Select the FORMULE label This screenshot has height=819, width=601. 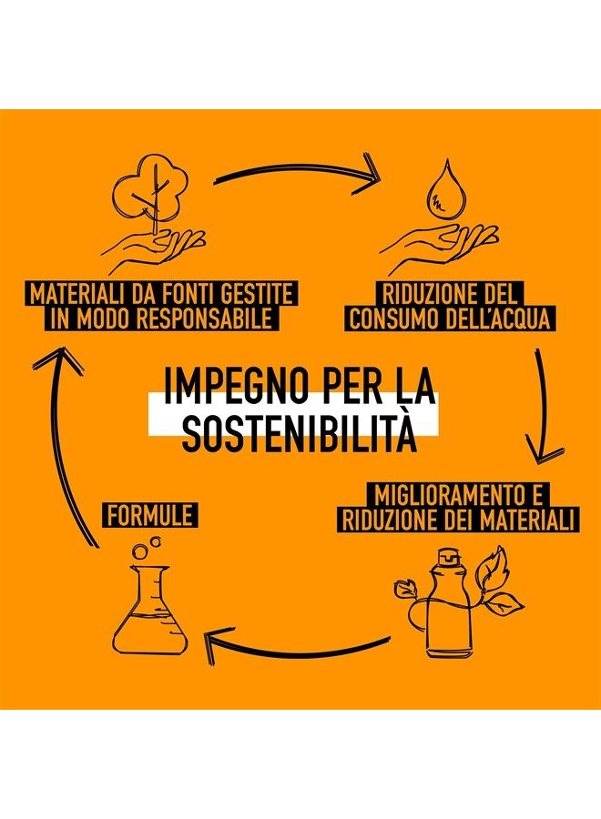(150, 516)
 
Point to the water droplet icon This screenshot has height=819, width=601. (440, 191)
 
